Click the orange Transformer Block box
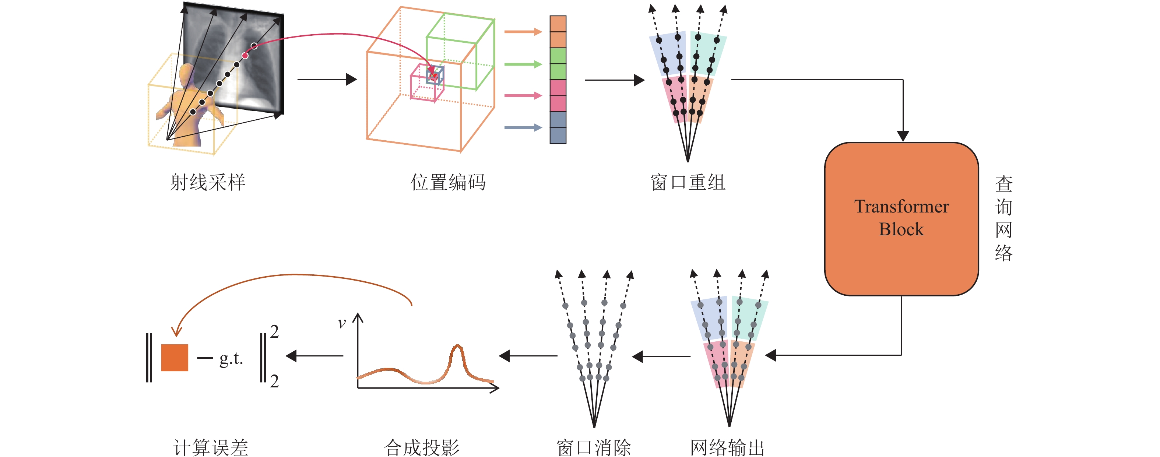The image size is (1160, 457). point(901,219)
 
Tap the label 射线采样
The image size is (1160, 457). point(208,182)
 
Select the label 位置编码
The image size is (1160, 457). point(447,182)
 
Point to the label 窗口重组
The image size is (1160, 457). point(688,182)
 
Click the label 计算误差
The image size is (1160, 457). point(211,447)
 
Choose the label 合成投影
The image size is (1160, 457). point(422,447)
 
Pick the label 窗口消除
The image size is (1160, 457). point(594,447)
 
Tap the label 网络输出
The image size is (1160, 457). point(727,447)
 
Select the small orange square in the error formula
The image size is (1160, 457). point(175,358)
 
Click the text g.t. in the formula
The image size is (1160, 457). point(231,359)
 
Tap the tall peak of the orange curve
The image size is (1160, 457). point(457,348)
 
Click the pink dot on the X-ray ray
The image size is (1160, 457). point(245,55)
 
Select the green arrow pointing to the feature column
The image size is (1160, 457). point(522,64)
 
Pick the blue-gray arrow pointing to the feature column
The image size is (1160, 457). point(522,127)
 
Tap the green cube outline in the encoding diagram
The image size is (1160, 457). point(460,52)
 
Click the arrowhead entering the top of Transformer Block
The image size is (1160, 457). point(903,136)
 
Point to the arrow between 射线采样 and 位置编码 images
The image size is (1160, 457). point(327,79)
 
